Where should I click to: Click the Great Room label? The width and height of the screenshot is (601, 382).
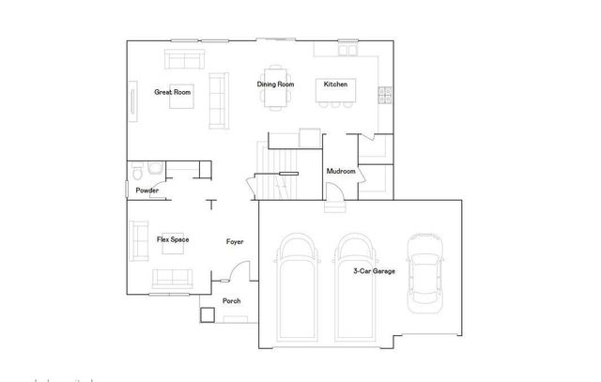(x=173, y=92)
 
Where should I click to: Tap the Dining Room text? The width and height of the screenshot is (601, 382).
(x=276, y=84)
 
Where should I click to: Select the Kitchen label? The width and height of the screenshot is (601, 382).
(x=336, y=84)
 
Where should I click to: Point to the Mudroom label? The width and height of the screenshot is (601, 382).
(x=340, y=172)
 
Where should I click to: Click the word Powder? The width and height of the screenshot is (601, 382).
(x=146, y=191)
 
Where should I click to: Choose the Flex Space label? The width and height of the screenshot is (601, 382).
(x=173, y=240)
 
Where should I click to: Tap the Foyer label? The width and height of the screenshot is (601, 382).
(x=235, y=242)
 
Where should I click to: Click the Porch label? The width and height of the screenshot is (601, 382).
(x=231, y=301)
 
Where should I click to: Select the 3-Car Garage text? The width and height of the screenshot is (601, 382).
(x=374, y=272)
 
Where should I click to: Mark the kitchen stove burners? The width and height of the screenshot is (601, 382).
(x=383, y=93)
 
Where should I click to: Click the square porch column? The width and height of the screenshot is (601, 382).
(x=208, y=314)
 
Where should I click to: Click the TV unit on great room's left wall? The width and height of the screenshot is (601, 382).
(x=131, y=100)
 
